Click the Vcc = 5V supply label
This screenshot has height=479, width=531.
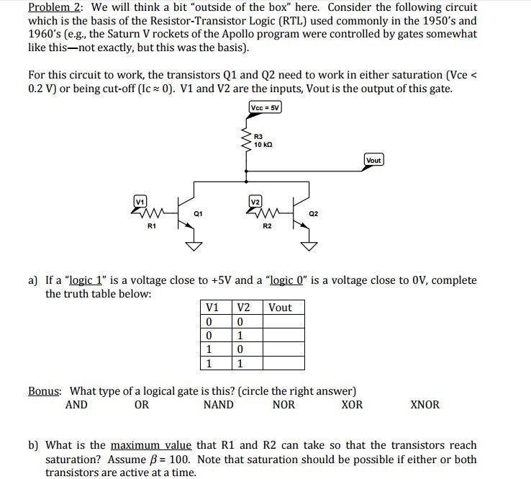point(265,107)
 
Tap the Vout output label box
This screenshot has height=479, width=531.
point(373,160)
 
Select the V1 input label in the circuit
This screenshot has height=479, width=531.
point(140,200)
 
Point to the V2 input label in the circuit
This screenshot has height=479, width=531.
point(255,200)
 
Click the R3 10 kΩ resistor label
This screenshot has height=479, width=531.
point(263,139)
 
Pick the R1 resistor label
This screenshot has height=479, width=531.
point(151,227)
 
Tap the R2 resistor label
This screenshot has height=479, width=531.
point(267,227)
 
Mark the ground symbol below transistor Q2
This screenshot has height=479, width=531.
point(309,247)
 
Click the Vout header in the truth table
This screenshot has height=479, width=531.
point(280,308)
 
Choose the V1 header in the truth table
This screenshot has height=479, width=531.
point(213,308)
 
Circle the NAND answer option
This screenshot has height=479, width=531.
point(218,405)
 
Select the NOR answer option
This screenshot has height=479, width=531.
point(283,405)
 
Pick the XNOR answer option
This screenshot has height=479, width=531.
point(425,405)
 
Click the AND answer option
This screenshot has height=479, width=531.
point(76,405)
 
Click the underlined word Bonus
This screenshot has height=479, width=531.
point(45,391)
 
